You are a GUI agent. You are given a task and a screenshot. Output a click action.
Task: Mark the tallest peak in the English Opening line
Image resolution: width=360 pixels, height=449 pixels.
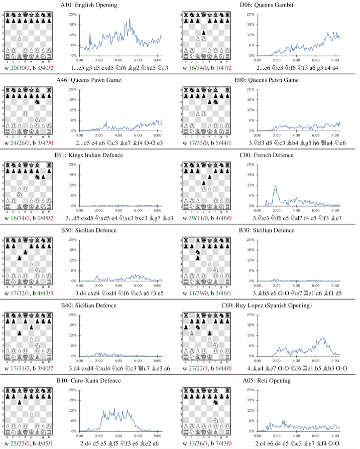[x=130, y=19]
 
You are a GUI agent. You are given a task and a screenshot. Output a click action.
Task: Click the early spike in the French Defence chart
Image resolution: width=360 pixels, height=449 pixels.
[x=276, y=186]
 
